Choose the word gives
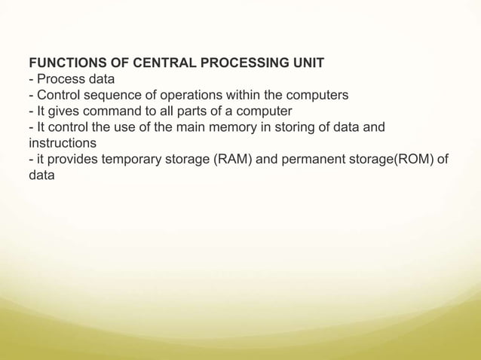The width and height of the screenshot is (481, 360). (x=63, y=111)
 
